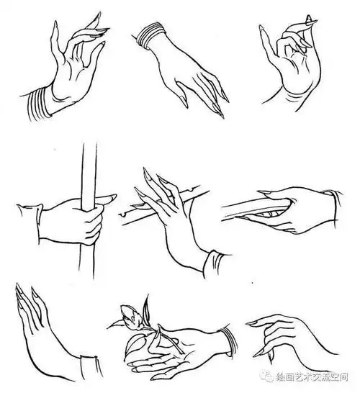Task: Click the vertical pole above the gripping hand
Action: coord(88,166)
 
